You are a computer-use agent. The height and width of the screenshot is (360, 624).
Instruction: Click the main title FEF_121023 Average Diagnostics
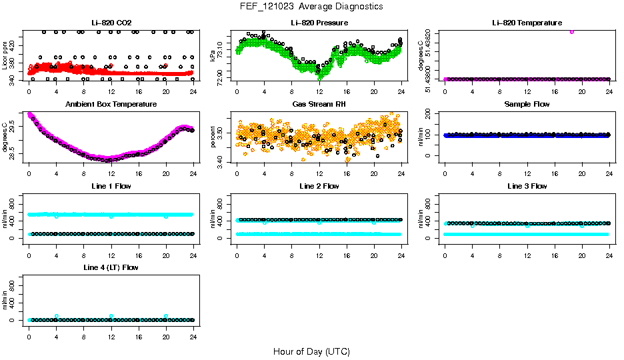click(311, 6)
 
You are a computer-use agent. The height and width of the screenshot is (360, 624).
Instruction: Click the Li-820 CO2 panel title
click(111, 23)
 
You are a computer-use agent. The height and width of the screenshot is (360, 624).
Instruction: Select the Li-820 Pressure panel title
click(319, 23)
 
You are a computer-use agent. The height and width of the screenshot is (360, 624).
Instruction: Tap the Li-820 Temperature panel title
click(527, 23)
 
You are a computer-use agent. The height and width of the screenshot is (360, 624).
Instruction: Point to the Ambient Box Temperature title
click(111, 105)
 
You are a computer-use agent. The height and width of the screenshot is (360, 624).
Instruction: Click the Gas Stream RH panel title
click(319, 105)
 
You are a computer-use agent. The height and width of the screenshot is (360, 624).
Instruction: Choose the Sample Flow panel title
click(527, 105)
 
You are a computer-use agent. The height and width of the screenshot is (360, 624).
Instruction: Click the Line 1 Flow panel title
click(111, 186)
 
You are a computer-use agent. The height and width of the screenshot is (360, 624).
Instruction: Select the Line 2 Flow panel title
click(319, 186)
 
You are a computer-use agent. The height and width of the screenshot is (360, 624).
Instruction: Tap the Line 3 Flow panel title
click(527, 186)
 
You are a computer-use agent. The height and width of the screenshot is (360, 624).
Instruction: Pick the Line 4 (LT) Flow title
click(111, 267)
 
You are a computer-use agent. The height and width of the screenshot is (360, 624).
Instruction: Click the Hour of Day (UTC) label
click(311, 351)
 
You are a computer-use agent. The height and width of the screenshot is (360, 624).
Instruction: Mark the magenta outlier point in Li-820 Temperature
click(572, 31)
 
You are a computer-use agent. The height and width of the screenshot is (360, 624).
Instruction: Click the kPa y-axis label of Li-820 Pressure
click(213, 55)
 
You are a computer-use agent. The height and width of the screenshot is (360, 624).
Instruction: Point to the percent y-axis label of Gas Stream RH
click(213, 137)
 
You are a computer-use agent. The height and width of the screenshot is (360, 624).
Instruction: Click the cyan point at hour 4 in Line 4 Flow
click(57, 316)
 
